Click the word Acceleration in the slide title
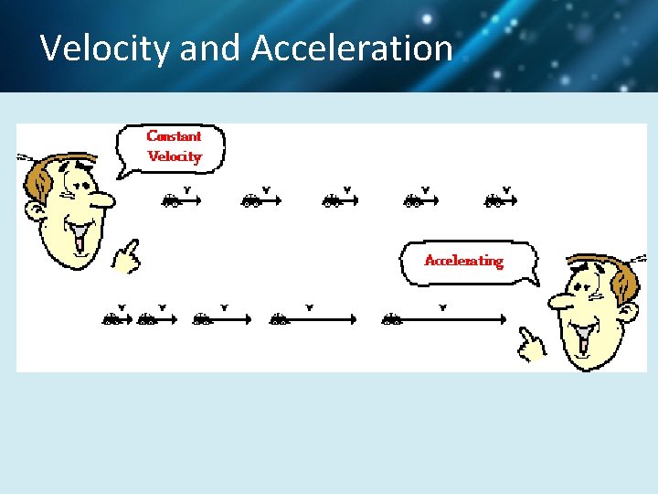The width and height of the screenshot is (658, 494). pyautogui.click(x=352, y=48)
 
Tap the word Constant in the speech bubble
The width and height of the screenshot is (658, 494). pyautogui.click(x=174, y=136)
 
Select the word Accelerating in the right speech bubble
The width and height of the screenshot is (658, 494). pyautogui.click(x=463, y=261)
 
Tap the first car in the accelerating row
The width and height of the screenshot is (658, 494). pyautogui.click(x=111, y=319)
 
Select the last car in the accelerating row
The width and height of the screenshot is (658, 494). pyautogui.click(x=392, y=319)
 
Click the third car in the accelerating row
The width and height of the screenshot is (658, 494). pyautogui.click(x=202, y=319)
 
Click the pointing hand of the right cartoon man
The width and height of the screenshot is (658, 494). pyautogui.click(x=530, y=342)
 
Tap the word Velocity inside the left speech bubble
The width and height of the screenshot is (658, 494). pyautogui.click(x=174, y=156)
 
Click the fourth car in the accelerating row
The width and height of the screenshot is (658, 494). pyautogui.click(x=279, y=319)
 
